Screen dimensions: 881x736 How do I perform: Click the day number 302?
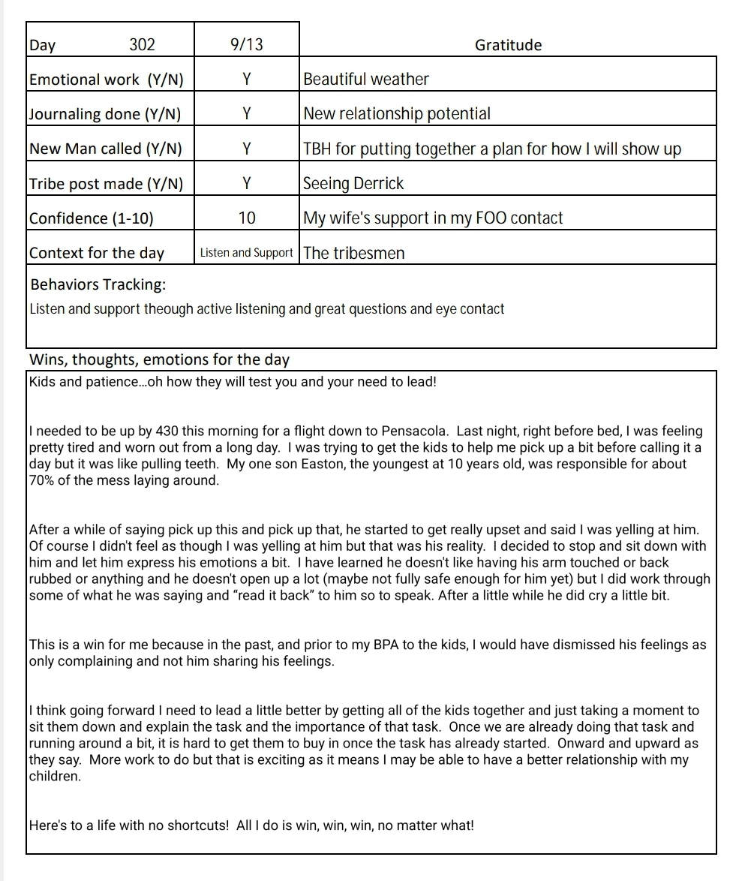[142, 44]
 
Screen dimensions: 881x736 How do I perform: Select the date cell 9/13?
[246, 44]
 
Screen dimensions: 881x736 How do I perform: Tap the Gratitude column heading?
[508, 45]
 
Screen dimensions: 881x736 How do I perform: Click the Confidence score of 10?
[246, 218]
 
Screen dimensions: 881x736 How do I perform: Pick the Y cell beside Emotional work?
[246, 80]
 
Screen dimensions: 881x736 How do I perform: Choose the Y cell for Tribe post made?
[246, 184]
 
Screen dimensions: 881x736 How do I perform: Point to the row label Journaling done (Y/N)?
[105, 114]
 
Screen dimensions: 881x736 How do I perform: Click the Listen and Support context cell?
[246, 253]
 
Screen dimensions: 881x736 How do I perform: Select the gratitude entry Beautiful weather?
[366, 80]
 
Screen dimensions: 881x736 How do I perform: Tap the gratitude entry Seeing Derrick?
[353, 184]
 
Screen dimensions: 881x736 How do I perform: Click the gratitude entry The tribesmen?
[354, 253]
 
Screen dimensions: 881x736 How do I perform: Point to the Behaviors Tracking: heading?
[98, 284]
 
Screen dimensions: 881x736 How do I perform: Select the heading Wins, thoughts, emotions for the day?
[159, 359]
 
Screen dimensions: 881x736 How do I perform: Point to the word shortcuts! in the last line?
[197, 825]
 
